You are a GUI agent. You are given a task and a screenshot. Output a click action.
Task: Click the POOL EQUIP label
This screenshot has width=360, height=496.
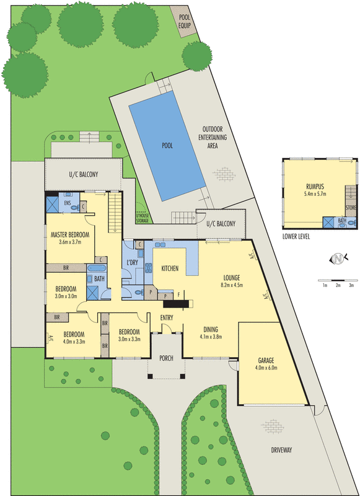tap(185, 21)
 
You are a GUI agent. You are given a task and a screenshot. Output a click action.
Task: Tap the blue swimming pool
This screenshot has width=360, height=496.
tap(167, 146)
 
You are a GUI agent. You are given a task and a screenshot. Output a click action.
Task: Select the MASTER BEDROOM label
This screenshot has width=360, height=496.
tap(70, 239)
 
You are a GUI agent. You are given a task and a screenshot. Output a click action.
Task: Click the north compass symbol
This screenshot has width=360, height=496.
tap(338, 259)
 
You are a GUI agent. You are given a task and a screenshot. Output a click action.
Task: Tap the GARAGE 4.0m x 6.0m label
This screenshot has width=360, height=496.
tap(266, 364)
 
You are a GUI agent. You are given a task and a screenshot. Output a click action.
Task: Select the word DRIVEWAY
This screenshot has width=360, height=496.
tap(281, 450)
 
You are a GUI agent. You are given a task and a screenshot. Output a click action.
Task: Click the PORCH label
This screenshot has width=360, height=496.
tap(166, 358)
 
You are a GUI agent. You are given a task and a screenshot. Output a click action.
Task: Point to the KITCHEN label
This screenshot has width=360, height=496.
tap(170, 268)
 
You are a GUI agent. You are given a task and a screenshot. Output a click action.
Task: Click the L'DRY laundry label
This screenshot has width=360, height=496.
tap(131, 262)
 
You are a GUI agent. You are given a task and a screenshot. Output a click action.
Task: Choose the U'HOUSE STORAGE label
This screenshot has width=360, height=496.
tap(142, 218)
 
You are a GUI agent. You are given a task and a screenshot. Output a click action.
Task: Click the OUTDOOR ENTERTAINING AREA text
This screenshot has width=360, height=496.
tap(214, 138)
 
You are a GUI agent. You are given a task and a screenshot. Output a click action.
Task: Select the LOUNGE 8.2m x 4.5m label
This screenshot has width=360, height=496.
tap(232, 281)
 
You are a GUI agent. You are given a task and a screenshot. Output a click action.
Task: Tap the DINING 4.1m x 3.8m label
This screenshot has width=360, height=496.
tap(211, 332)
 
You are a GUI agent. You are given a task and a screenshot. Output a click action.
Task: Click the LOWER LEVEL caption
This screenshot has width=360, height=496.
tap(297, 236)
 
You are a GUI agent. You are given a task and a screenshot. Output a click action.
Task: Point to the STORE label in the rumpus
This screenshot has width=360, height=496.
tap(351, 208)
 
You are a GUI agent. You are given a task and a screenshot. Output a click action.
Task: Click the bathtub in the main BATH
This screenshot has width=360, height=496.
tap(97, 269)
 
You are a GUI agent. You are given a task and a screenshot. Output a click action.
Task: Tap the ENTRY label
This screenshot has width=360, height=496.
tap(167, 318)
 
